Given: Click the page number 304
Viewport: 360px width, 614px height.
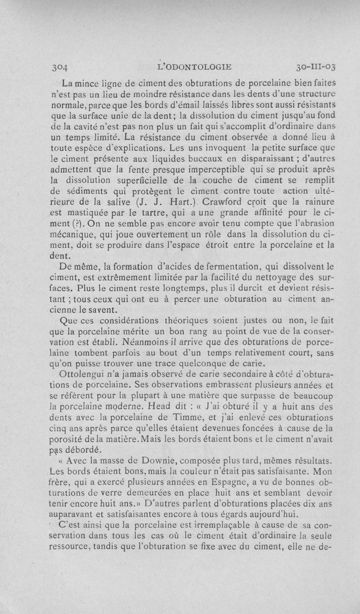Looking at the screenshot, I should (58, 68).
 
